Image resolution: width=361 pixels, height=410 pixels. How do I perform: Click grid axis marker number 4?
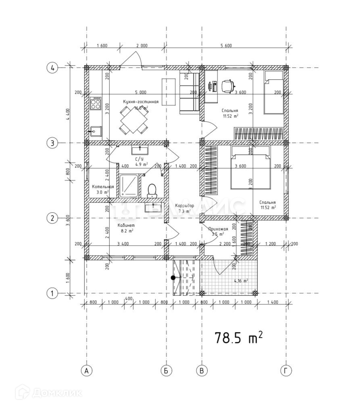[52, 68]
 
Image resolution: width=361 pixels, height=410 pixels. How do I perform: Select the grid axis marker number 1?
[52, 294]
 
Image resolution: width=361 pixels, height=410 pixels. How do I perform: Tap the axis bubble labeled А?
[86, 371]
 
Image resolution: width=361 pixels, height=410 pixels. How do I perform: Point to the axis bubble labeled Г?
[286, 371]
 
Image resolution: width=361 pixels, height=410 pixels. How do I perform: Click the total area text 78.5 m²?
[239, 337]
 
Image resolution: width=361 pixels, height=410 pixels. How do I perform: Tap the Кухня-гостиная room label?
[141, 102]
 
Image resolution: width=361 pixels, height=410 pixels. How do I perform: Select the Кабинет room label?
[125, 225]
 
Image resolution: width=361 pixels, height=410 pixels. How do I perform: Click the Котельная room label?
[102, 187]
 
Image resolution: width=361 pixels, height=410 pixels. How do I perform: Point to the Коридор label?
[184, 205]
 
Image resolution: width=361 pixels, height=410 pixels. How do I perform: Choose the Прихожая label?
[218, 229]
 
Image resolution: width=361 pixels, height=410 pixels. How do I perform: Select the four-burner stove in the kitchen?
[96, 104]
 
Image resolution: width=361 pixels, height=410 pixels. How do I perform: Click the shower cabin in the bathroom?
[129, 186]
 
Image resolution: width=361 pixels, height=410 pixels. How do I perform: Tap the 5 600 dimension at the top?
[226, 46]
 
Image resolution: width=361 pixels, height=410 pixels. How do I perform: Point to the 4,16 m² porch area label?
[241, 281]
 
